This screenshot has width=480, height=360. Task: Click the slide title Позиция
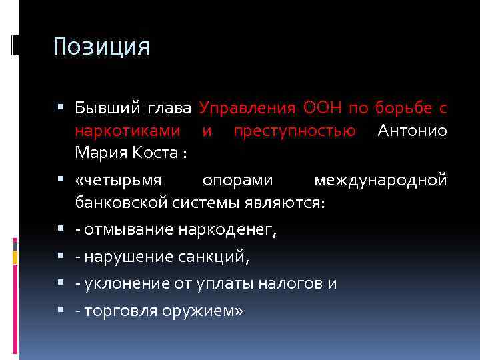coord(102,47)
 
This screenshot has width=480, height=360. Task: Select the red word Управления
coord(247,108)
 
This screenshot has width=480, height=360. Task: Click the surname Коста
coord(155,153)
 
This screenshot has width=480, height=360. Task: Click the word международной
coord(380,181)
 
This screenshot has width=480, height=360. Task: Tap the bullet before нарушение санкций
coord(62,257)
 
